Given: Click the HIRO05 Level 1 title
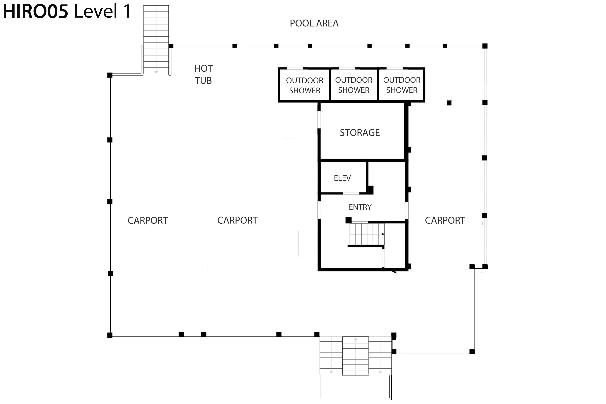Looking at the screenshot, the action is click(67, 11).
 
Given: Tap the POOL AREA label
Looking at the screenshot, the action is click(314, 23).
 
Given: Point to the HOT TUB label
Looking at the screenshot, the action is click(203, 75).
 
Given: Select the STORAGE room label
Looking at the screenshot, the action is click(360, 133).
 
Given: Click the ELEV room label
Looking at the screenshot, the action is click(342, 178).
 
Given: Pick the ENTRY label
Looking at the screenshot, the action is click(360, 207).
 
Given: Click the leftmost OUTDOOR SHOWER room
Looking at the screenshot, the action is click(305, 85).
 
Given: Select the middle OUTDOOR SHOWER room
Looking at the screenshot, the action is click(354, 85).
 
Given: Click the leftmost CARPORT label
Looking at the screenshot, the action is click(148, 221).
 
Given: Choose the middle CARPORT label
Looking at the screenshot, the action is click(237, 220).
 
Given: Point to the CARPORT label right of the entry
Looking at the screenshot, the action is click(445, 220).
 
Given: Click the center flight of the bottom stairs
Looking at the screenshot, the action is click(356, 356).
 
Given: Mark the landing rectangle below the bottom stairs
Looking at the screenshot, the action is click(355, 387).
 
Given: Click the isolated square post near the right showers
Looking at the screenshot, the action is click(449, 103).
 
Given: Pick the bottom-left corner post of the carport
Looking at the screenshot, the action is click(110, 335).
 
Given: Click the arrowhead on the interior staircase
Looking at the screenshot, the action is click(383, 234).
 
